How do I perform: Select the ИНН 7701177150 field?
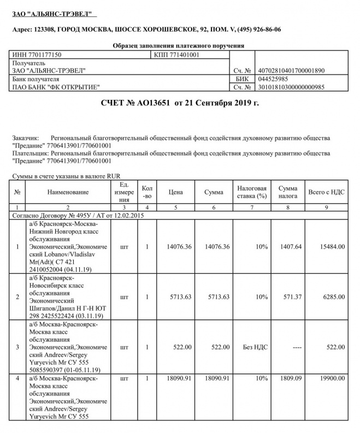tap(37, 55)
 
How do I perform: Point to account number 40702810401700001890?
tap(290, 70)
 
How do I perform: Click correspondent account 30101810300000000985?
tap(290, 87)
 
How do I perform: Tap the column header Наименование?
tap(68, 192)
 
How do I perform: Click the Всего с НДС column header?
tap(326, 192)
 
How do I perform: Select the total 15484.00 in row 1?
tap(333, 247)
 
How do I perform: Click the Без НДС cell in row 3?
tap(255, 347)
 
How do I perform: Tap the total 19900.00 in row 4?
tap(333, 378)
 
